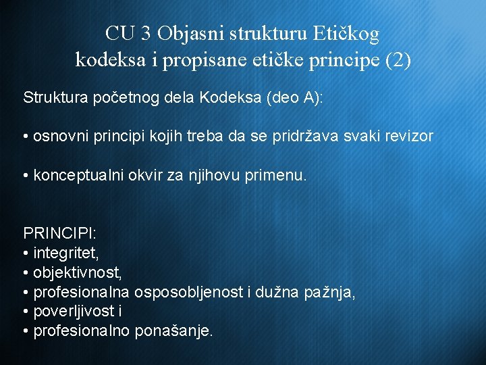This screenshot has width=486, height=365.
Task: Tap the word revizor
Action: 410,137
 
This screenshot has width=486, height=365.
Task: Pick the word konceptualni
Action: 75,176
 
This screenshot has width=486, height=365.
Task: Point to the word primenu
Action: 278,176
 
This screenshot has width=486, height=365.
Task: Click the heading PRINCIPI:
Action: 60,234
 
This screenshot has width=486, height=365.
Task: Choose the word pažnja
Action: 330,293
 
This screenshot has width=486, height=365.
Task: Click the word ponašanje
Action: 173,332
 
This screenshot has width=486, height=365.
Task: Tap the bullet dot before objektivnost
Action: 26,274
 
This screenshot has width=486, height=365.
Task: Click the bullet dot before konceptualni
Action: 26,176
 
